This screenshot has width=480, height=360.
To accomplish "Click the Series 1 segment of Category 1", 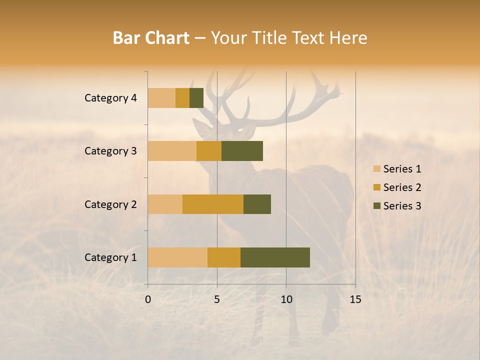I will point(177,257).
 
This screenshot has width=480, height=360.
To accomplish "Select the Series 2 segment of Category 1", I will point(224,257).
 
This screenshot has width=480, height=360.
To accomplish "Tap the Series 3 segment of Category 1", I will point(275,257).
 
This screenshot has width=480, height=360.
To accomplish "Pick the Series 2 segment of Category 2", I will point(213,204).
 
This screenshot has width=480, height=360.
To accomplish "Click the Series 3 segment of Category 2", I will point(257,204).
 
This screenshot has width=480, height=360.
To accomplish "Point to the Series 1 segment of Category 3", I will point(172,151).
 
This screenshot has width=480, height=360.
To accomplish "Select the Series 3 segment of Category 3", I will point(242,151).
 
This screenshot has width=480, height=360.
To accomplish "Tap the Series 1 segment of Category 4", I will point(161,98).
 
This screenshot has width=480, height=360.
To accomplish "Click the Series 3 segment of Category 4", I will point(196,98).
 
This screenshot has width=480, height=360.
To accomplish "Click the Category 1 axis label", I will point(110,257).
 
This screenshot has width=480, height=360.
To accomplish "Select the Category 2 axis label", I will point(110,204).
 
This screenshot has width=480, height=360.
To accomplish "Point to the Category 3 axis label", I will point(110,151).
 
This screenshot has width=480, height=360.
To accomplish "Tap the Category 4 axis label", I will point(110,98).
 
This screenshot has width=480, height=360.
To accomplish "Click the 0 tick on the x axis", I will point(148,299).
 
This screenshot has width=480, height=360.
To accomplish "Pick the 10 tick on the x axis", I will point(286,299).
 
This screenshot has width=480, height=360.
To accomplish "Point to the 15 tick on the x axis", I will point(355,299).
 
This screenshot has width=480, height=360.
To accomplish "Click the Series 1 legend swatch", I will point(376,169).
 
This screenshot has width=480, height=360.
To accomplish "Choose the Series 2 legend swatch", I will point(376,187).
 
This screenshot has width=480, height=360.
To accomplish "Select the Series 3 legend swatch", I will point(376,206).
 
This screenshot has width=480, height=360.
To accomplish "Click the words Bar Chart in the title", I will point(151,38).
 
